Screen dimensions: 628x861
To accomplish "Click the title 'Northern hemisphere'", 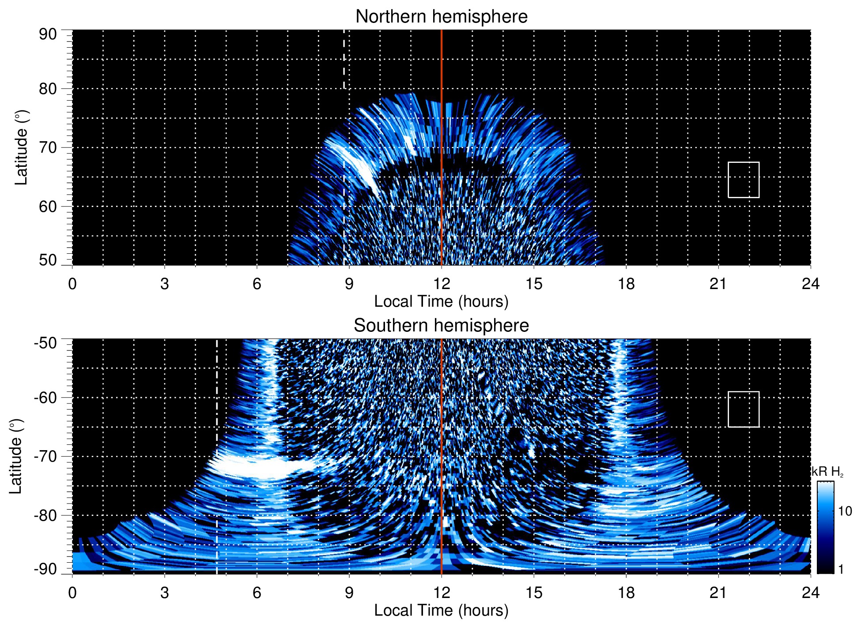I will click(441, 17).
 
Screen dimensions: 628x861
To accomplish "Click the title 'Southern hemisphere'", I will click(441, 326).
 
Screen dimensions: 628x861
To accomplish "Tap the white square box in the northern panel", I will click(744, 180).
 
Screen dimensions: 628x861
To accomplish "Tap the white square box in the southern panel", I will click(744, 409).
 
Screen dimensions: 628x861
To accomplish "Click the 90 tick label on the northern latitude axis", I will click(48, 34).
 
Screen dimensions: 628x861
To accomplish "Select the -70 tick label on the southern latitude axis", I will click(45, 456).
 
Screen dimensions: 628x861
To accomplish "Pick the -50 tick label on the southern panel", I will click(45, 343).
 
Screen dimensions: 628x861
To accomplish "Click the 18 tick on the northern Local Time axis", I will click(626, 284).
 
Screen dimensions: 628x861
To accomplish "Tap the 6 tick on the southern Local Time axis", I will click(257, 593).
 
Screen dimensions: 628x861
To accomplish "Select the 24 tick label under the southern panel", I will click(810, 593).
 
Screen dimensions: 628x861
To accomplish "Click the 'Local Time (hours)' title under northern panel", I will click(441, 301).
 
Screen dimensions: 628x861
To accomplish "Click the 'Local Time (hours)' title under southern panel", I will click(441, 610).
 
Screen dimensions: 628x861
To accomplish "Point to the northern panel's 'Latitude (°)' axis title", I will click(21, 147).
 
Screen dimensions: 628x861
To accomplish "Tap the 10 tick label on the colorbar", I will click(845, 511).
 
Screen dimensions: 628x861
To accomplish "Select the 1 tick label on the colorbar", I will click(841, 569).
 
